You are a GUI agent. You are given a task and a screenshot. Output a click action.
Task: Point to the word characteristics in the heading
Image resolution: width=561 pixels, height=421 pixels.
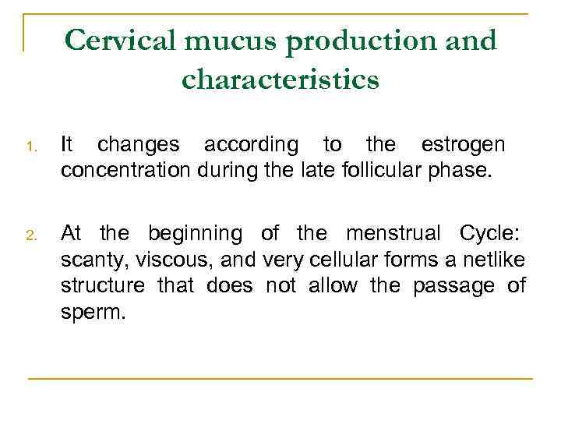pyautogui.click(x=280, y=79)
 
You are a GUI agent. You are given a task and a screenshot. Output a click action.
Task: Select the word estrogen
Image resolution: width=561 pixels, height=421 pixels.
pyautogui.click(x=462, y=145)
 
